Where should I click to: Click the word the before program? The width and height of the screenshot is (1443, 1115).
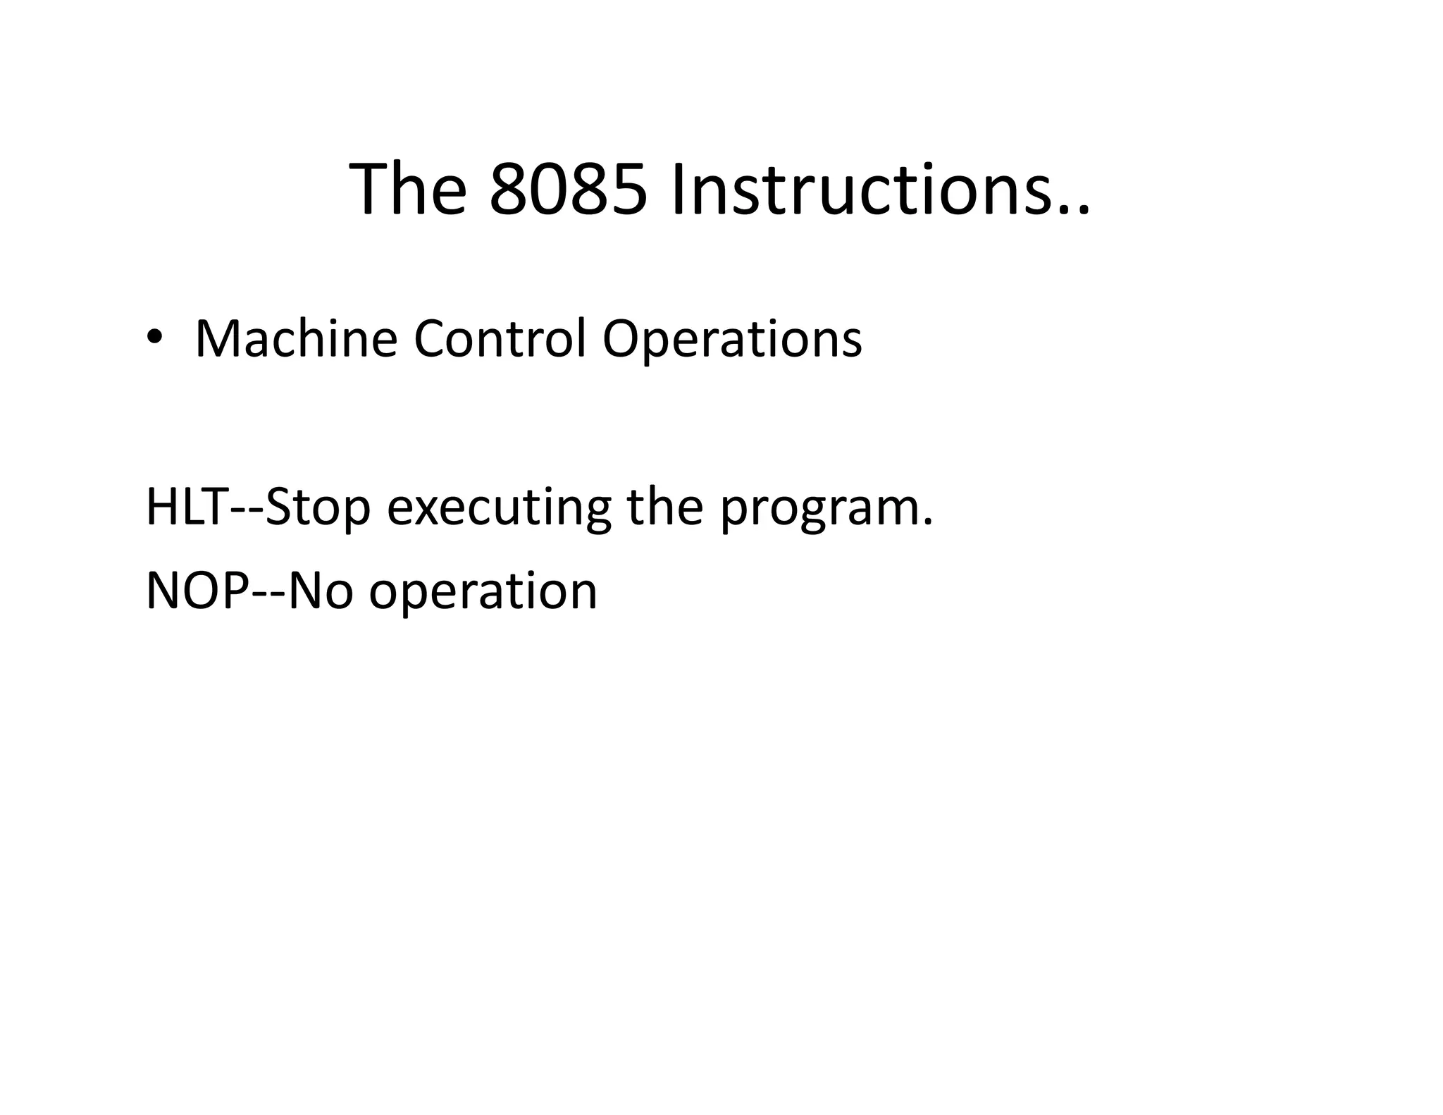point(665,507)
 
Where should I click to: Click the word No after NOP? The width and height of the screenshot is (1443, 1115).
point(321,591)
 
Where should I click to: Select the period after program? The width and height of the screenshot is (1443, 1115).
point(927,523)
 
